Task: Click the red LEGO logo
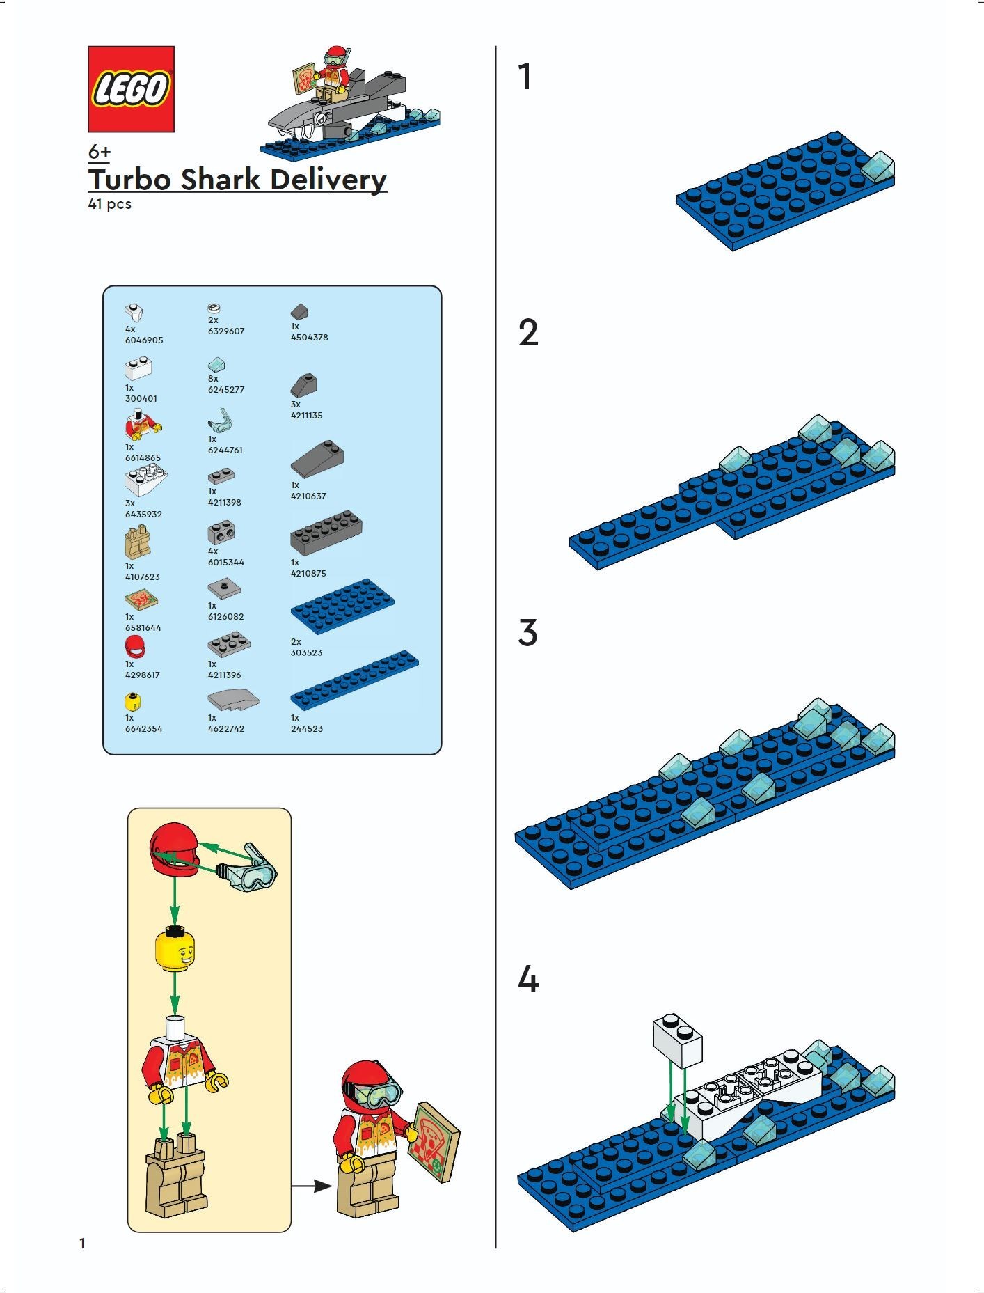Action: click(131, 89)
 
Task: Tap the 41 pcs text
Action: click(109, 205)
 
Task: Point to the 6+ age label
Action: click(100, 152)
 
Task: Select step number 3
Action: click(528, 633)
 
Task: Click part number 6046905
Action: click(144, 340)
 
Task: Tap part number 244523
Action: click(307, 729)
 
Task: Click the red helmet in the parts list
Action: click(135, 647)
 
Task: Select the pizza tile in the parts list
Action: click(141, 599)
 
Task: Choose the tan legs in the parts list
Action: click(138, 542)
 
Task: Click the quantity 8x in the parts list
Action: click(213, 379)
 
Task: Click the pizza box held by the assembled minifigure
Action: click(436, 1142)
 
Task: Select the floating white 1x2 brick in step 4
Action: click(677, 1040)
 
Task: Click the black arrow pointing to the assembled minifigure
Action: click(312, 1184)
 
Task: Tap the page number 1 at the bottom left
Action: click(82, 1244)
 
